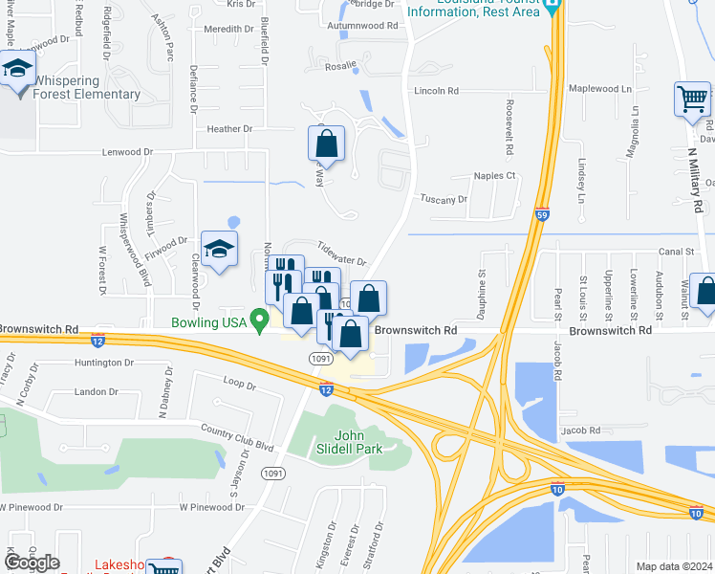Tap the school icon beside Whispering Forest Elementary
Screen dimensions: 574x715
coord(18,70)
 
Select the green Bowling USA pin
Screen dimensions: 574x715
coord(258,320)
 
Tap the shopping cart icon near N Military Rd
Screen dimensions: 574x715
coord(692,99)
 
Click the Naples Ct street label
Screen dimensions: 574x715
coord(495,176)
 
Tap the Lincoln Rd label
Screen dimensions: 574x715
coord(437,91)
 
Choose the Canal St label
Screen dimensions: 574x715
coord(675,252)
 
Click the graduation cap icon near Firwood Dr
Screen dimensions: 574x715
coord(219,251)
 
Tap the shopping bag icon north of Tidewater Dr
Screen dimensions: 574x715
coord(326,143)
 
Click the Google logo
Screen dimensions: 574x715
coord(32,563)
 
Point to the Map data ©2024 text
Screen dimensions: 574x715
coord(673,566)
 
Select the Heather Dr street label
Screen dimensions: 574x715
coord(229,128)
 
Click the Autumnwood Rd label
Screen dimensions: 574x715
coord(364,25)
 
